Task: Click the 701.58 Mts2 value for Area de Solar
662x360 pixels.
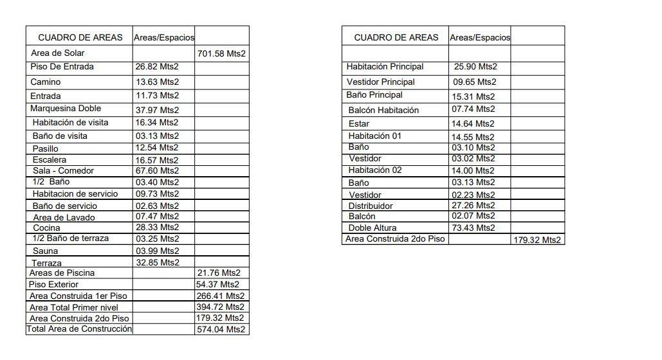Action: click(x=221, y=53)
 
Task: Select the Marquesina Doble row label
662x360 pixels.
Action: click(x=66, y=109)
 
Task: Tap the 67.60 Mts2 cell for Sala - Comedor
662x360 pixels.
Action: click(x=157, y=171)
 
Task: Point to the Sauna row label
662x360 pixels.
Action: click(x=45, y=251)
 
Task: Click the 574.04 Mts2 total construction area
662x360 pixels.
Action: click(x=221, y=329)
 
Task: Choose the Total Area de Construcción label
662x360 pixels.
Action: click(x=79, y=329)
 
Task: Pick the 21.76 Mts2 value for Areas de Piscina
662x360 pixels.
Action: click(x=219, y=273)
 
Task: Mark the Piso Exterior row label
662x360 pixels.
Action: click(x=54, y=284)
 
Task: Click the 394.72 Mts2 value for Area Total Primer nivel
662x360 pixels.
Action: click(x=221, y=307)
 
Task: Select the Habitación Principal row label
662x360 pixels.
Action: click(x=385, y=67)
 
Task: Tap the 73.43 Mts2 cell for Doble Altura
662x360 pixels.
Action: click(x=473, y=228)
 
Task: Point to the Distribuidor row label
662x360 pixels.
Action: click(x=371, y=206)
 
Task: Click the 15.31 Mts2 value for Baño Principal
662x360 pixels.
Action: click(x=473, y=96)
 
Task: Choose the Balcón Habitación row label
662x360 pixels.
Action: click(x=383, y=110)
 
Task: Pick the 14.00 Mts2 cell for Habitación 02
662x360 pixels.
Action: click(x=473, y=171)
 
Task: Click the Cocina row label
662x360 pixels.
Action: click(x=46, y=228)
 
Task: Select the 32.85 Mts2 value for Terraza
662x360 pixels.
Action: click(x=157, y=262)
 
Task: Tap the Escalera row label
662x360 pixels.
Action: click(x=50, y=160)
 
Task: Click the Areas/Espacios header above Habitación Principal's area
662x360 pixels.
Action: click(x=480, y=37)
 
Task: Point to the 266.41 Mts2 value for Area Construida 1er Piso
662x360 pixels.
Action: click(x=221, y=296)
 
